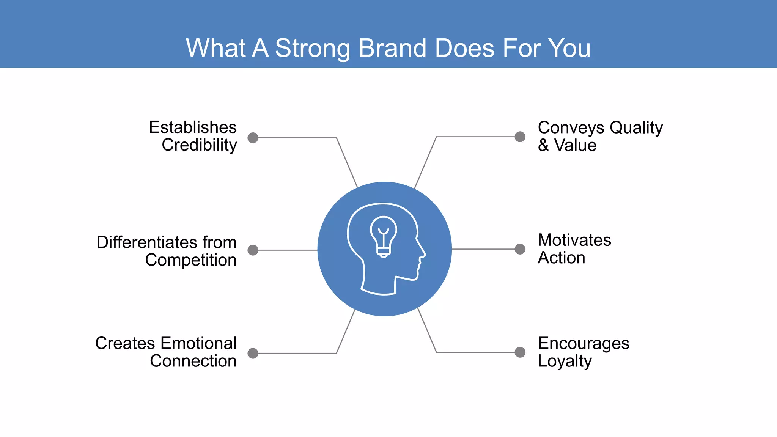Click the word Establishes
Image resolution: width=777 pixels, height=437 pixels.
coord(193,127)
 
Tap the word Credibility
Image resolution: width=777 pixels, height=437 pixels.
coord(199,145)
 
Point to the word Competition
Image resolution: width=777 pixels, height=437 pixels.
coord(191,260)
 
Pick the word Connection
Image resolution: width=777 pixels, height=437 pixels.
coord(193,361)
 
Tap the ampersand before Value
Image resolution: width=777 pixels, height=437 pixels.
coord(543,146)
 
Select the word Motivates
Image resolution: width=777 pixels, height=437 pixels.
coord(574,240)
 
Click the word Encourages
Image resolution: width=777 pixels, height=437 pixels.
coord(584,344)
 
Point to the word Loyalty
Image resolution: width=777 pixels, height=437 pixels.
coord(565,361)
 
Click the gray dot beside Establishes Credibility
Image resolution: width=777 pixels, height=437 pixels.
coord(253,138)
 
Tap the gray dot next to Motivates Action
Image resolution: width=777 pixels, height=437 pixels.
coord(520,249)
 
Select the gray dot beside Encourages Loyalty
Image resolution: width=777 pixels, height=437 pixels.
coord(520,352)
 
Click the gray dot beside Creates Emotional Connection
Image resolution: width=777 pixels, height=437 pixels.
coord(253,354)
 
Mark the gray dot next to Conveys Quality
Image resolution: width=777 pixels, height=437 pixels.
coord(520,137)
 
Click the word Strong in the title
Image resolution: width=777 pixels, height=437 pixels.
coord(313,48)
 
